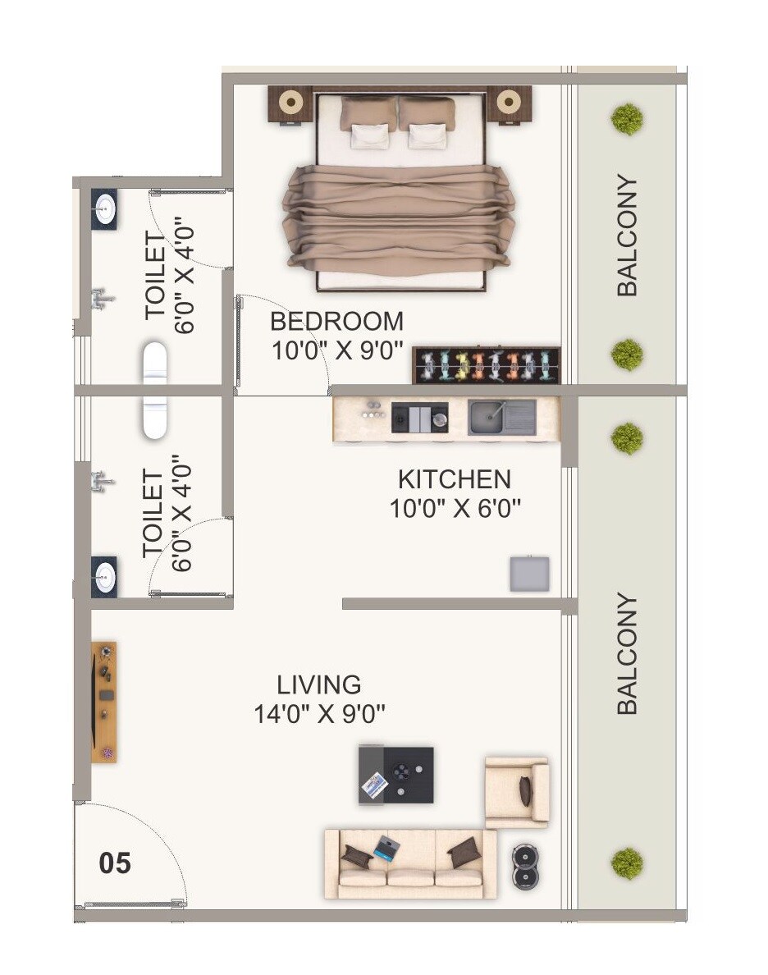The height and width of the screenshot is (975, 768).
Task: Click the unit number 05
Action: pos(115,863)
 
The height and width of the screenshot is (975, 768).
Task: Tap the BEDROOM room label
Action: pos(336,320)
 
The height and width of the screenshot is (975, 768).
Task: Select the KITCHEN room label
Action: pos(454,479)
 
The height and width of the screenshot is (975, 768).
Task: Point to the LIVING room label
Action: pos(318,684)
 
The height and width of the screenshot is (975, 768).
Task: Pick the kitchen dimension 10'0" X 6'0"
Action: pos(455,510)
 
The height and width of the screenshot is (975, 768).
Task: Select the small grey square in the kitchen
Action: pos(529,574)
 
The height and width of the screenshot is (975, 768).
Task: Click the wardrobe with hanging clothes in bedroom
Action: pos(487,364)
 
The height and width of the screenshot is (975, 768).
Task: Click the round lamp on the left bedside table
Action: pos(290,103)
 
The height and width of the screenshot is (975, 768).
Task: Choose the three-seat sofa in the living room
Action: pos(410,863)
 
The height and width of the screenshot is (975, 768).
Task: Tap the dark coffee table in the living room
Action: pos(396,775)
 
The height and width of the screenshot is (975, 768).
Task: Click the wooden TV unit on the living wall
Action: pos(104,702)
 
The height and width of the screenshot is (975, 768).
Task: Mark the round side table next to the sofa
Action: pos(525,867)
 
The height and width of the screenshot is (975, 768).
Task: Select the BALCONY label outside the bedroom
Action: pos(627,236)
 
